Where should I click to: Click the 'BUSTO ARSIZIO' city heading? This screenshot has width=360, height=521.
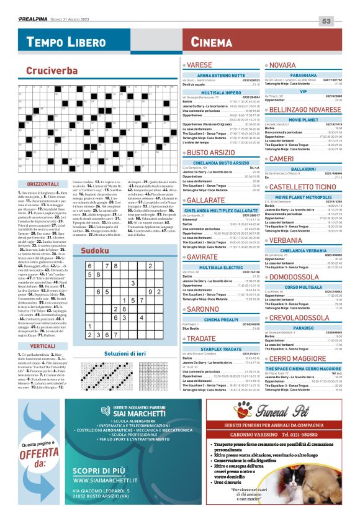tap(213, 152)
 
